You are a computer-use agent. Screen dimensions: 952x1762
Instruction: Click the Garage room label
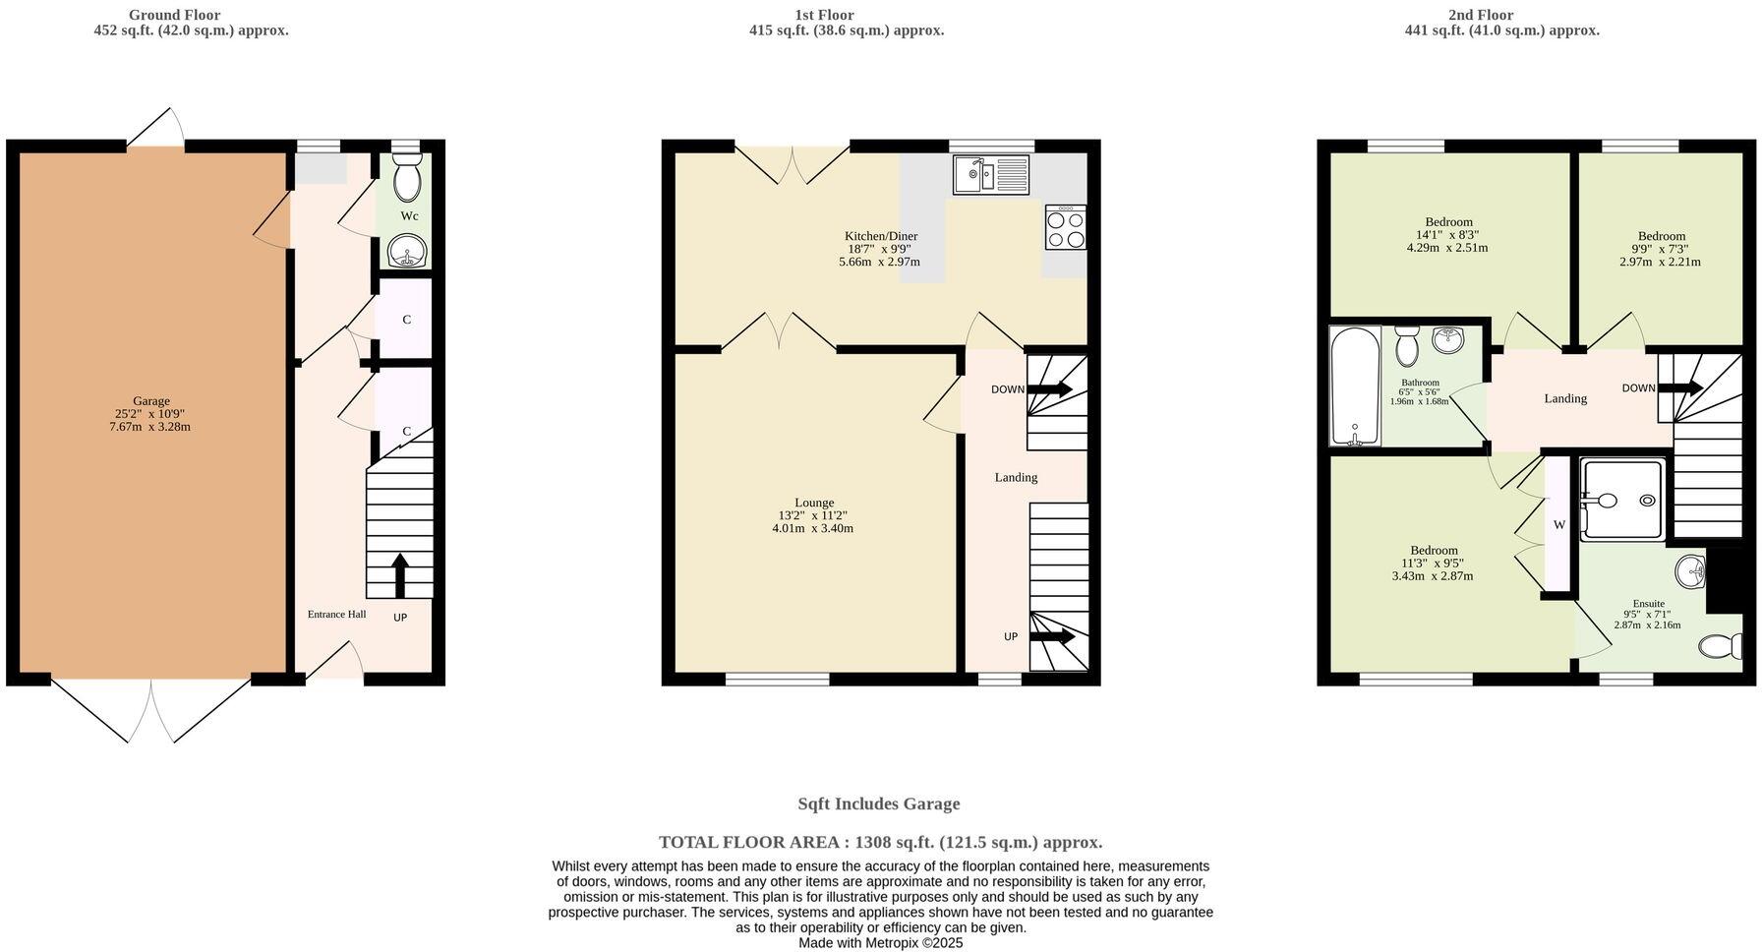point(151,401)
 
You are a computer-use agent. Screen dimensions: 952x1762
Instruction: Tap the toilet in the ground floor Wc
point(405,177)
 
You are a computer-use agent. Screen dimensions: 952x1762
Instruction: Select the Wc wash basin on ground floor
point(405,252)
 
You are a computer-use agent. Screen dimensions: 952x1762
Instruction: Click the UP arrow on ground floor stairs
point(399,575)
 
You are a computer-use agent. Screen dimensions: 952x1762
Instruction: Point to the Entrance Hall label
point(336,615)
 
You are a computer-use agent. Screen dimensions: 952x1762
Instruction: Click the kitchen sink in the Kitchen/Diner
point(989,175)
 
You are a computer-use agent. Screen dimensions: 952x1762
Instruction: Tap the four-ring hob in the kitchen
point(1066,228)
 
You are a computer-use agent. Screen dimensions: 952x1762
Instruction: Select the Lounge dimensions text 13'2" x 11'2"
point(812,515)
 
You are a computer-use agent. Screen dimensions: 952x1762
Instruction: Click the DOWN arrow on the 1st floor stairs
point(1049,389)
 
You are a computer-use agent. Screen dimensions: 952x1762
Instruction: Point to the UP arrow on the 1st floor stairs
point(1051,637)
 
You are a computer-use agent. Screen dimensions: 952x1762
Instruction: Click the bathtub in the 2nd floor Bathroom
point(1355,387)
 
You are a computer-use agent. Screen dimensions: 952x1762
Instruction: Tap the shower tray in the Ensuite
point(1622,500)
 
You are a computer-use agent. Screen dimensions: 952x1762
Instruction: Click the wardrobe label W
point(1558,525)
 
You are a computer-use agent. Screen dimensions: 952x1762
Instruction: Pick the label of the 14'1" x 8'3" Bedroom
point(1448,222)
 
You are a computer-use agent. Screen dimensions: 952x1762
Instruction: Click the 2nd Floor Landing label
point(1565,398)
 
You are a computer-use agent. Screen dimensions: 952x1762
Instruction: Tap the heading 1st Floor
point(824,15)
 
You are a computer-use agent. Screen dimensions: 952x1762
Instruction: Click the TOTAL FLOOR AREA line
point(880,842)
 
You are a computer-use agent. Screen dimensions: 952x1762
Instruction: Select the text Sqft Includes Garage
point(878,803)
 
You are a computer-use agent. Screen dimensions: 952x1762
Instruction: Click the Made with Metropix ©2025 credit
point(880,942)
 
